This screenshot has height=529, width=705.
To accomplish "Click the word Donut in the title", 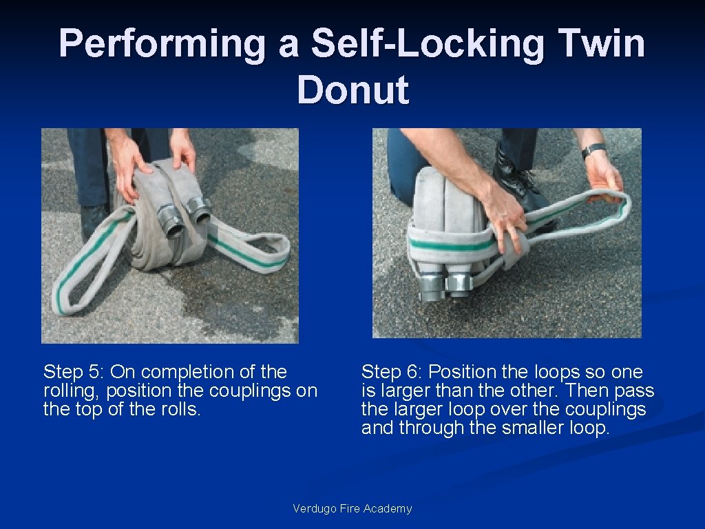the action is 353,89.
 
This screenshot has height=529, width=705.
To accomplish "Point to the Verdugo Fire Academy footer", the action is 352,508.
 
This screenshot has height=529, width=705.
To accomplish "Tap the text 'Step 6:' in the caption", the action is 392,373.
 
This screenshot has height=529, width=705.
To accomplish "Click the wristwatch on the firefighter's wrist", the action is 593,150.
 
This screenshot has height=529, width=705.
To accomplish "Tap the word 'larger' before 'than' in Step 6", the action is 406,391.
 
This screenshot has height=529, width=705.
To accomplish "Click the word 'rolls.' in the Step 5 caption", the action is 181,409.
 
